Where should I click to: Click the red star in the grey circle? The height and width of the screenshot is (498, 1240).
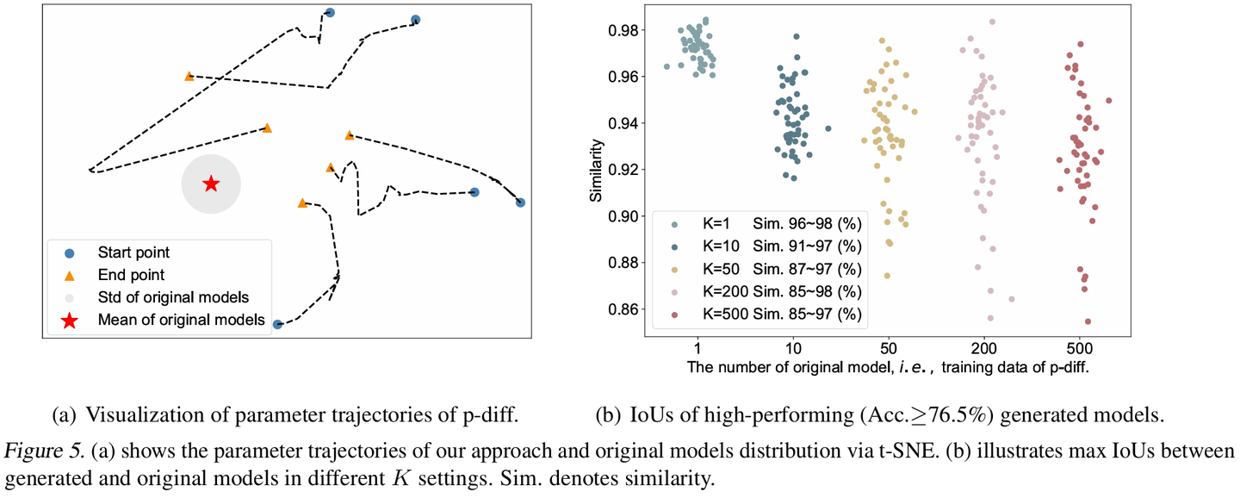(211, 184)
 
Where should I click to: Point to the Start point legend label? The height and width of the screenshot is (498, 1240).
(133, 253)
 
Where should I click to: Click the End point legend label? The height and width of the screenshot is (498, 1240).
(131, 276)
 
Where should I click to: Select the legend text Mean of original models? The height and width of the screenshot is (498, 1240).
(181, 321)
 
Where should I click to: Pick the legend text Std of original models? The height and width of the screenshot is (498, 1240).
(173, 298)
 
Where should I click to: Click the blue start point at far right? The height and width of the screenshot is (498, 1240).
(520, 202)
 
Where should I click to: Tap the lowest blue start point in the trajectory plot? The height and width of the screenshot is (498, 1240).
(277, 325)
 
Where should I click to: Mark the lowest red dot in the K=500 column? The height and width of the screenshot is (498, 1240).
(1088, 321)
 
